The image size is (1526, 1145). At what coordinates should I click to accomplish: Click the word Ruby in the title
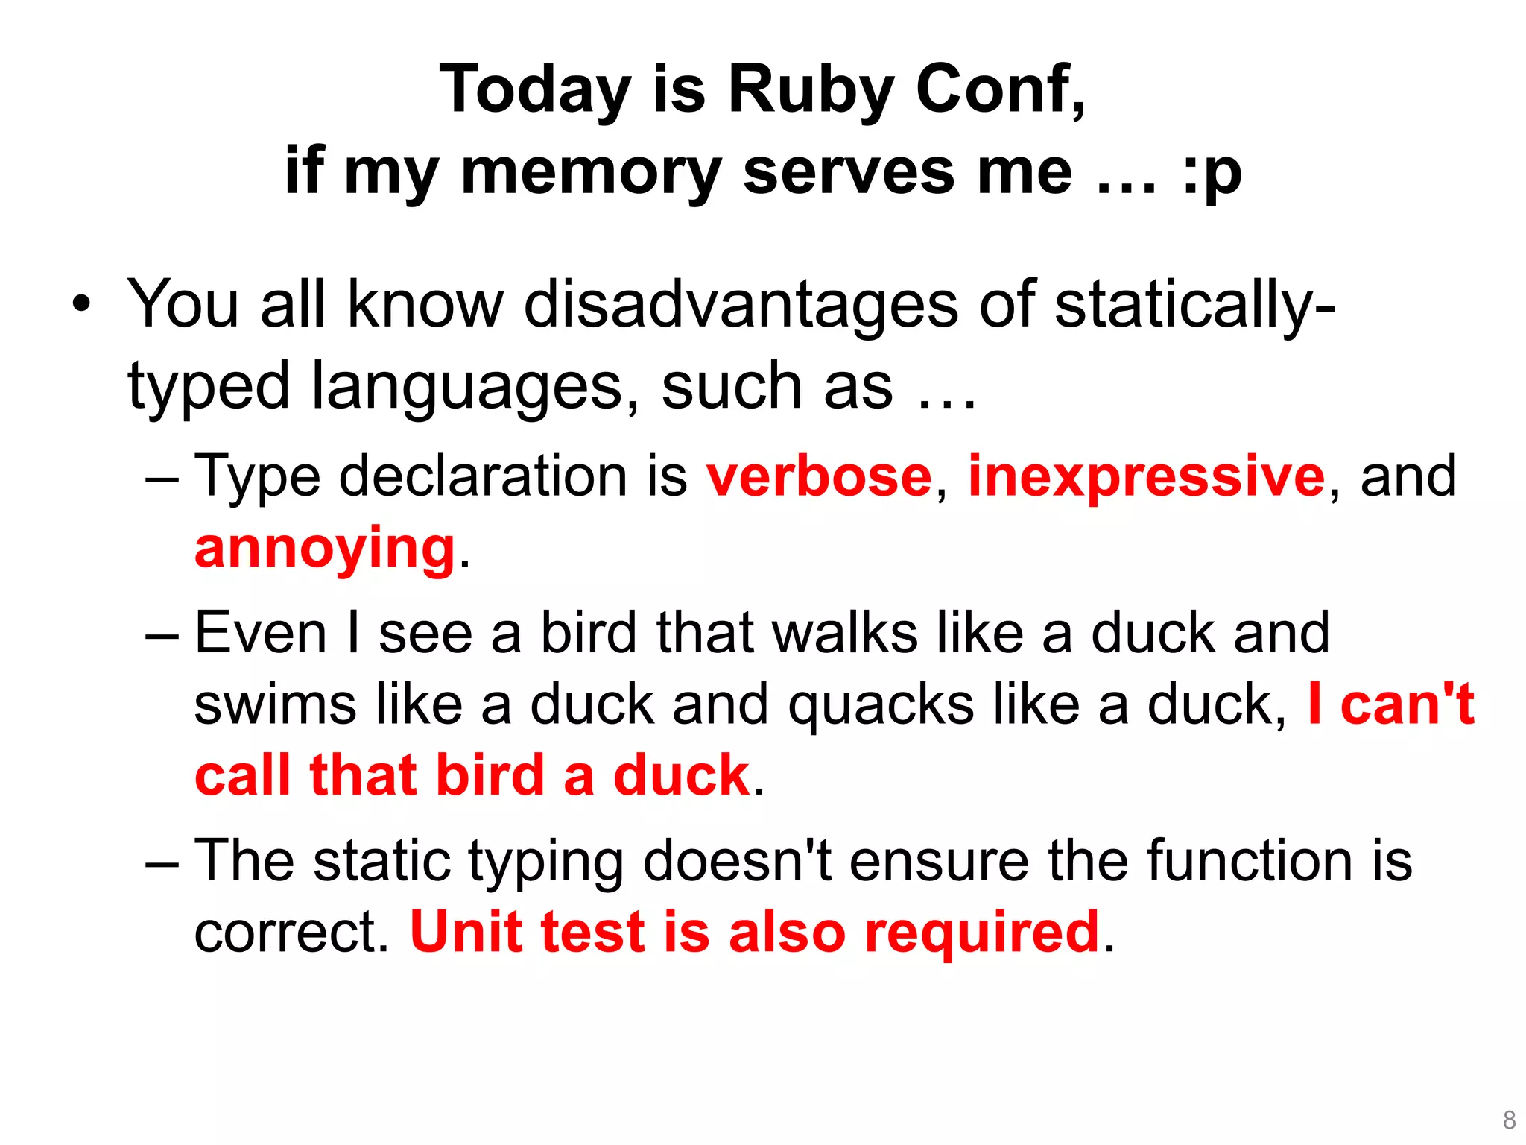[810, 90]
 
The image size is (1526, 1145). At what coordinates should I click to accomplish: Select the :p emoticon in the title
[1212, 172]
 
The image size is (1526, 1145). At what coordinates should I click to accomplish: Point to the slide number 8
[1509, 1120]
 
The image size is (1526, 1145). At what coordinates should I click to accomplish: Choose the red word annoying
[325, 548]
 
